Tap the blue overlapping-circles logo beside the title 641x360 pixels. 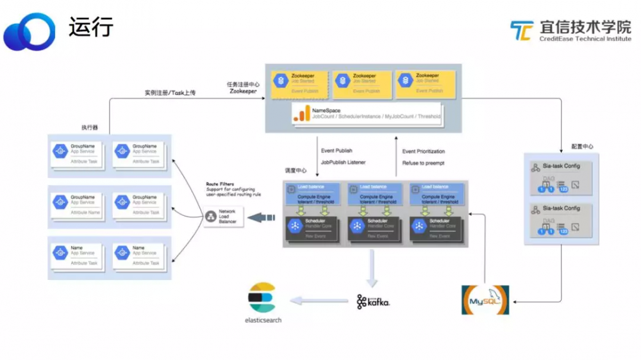coord(29,31)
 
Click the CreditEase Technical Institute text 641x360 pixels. coord(585,38)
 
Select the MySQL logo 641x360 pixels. coord(485,300)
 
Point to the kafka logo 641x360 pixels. coord(373,301)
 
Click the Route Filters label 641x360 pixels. coord(220,184)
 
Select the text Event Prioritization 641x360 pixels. coord(423,152)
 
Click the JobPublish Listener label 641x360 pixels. coord(343,163)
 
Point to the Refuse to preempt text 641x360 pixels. coord(423,163)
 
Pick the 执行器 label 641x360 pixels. coord(90,127)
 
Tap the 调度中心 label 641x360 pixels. coord(296,171)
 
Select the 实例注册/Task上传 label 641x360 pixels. coord(170,93)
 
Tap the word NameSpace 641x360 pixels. coord(326,110)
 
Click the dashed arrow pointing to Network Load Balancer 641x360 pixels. coord(261,218)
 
